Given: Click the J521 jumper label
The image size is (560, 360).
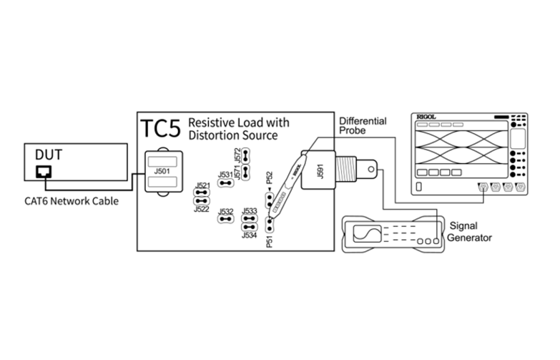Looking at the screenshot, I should (x=202, y=185).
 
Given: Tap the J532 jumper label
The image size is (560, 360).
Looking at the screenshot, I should (x=225, y=212).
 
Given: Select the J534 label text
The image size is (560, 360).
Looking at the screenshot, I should (x=249, y=235).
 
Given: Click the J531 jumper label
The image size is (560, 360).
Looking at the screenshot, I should (x=225, y=175).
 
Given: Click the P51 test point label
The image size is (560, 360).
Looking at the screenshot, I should (x=269, y=241).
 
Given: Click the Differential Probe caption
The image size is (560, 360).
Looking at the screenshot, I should (x=363, y=127).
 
